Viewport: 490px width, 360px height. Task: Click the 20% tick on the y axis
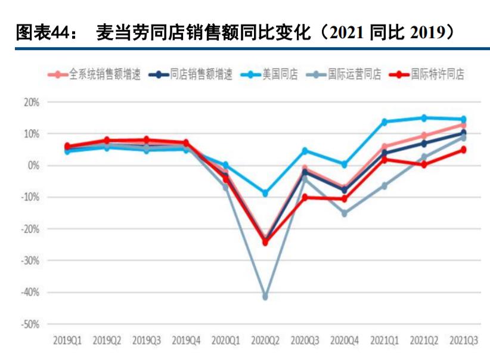[x=32, y=102]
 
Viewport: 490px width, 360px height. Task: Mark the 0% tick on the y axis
[x=33, y=165]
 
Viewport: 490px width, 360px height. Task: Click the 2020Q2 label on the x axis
[x=265, y=341]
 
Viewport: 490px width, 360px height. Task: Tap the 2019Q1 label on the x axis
[x=67, y=341]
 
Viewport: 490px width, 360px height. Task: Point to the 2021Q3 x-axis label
[x=463, y=341]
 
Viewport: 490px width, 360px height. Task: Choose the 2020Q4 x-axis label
[x=344, y=341]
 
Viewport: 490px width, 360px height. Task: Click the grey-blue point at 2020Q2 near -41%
[x=265, y=296]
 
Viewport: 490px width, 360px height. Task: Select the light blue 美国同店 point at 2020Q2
[x=265, y=193]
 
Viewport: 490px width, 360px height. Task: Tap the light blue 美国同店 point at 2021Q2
[x=424, y=118]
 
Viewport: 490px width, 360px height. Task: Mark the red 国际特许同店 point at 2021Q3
[x=463, y=150]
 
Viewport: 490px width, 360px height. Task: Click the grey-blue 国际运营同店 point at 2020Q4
[x=345, y=213]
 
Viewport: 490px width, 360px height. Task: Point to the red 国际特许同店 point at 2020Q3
[x=305, y=197]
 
